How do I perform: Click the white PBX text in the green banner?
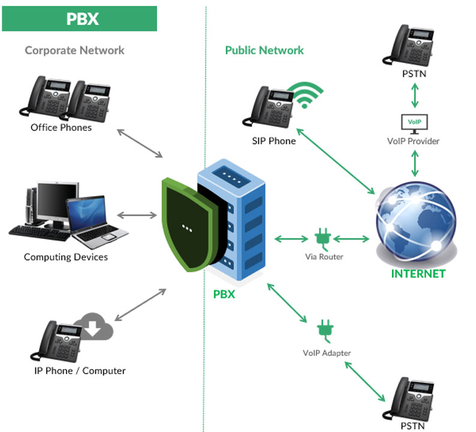pyautogui.click(x=82, y=19)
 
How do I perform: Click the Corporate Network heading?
pyautogui.click(x=74, y=50)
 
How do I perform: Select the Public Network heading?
pyautogui.click(x=264, y=50)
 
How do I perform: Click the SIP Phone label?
pyautogui.click(x=274, y=141)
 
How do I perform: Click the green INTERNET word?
pyautogui.click(x=418, y=274)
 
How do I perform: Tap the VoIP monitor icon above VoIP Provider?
pyautogui.click(x=414, y=122)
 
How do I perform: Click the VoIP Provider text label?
pyautogui.click(x=414, y=141)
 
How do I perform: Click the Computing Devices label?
pyautogui.click(x=66, y=257)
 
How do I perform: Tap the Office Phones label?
pyautogui.click(x=61, y=128)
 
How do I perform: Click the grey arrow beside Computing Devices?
pyautogui.click(x=137, y=215)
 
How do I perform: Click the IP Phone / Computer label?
pyautogui.click(x=80, y=371)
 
